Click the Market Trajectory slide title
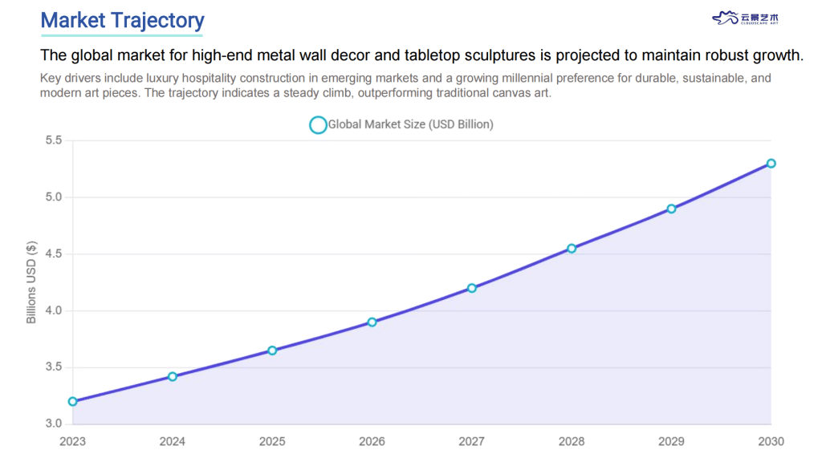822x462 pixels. [122, 20]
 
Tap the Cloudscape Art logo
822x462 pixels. [746, 18]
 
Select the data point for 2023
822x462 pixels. [73, 401]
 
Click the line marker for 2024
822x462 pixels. [173, 376]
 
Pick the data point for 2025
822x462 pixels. [272, 351]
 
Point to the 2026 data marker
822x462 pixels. [372, 322]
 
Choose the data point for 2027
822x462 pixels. [472, 288]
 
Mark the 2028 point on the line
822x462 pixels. [572, 249]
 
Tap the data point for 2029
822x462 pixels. [671, 209]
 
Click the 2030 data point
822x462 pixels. [771, 164]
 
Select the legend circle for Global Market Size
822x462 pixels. [318, 125]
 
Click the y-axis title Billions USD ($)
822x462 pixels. [31, 282]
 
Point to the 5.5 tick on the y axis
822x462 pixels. [54, 140]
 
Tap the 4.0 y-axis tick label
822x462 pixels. [54, 310]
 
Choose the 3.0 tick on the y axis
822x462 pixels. [54, 423]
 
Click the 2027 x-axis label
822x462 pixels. [472, 441]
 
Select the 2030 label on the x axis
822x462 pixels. [771, 441]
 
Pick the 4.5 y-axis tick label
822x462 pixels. [54, 254]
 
